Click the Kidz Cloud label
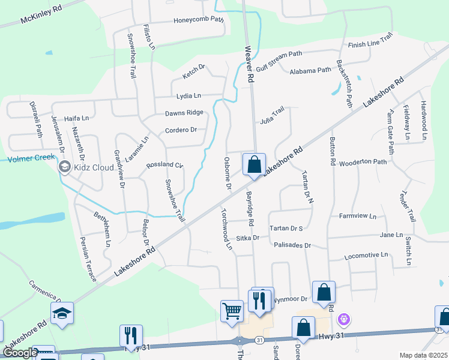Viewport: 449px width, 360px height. (94, 167)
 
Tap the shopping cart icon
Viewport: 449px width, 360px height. (232, 311)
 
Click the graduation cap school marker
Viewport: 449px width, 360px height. (62, 313)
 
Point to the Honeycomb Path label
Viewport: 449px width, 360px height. (199, 20)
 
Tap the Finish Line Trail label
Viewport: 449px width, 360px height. (370, 44)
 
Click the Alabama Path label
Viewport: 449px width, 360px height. (310, 70)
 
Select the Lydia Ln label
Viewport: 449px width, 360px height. (188, 95)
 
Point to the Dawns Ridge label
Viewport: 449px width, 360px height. (184, 113)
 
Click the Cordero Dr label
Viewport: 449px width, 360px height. (181, 130)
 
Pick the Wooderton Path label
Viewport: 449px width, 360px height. (363, 162)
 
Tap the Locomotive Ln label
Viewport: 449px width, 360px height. (366, 256)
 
